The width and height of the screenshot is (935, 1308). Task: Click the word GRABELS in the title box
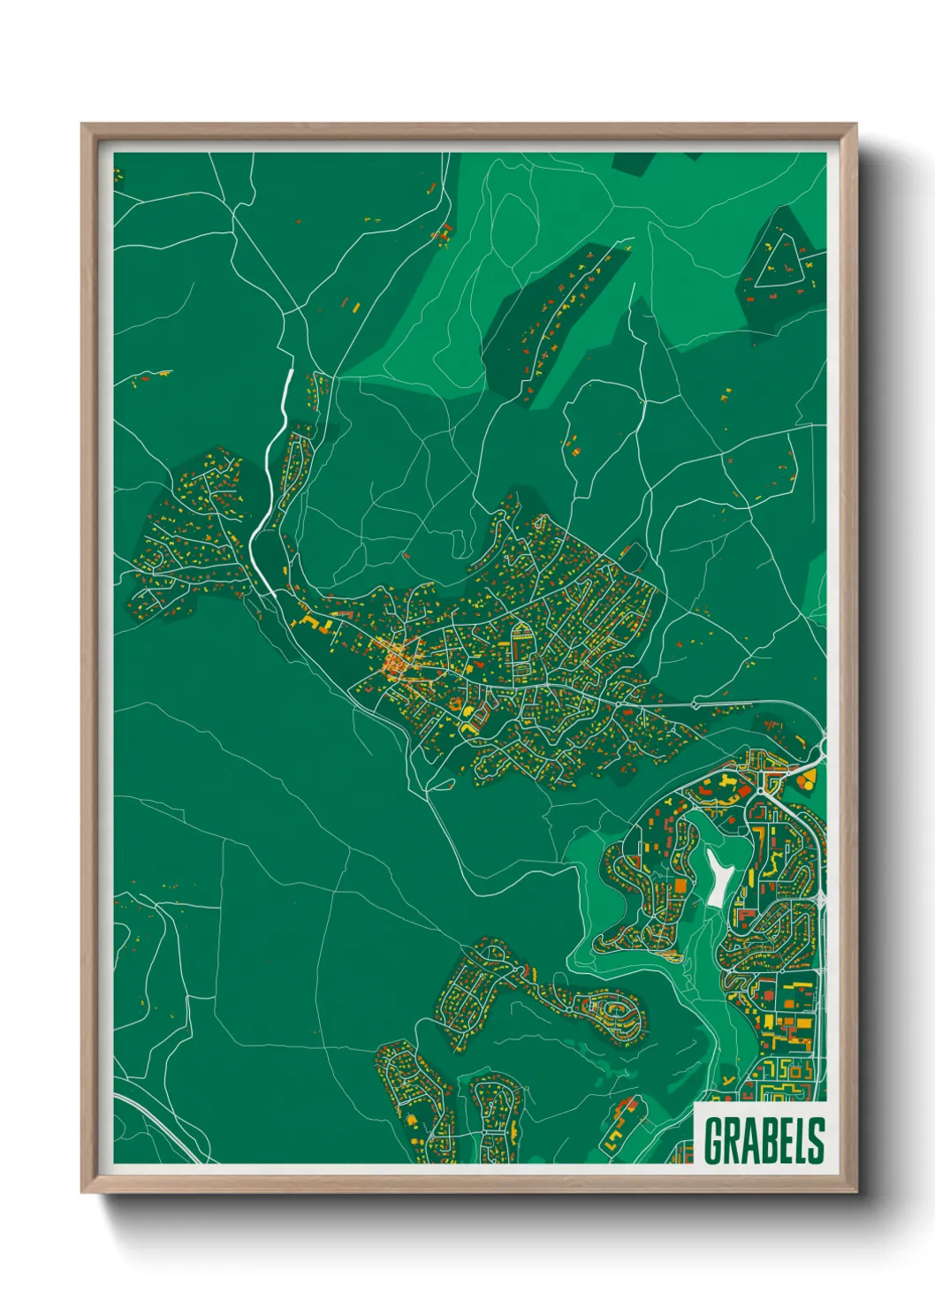(x=764, y=1140)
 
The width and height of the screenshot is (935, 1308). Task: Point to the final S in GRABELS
(x=817, y=1140)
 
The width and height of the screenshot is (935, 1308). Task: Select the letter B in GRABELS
(x=765, y=1140)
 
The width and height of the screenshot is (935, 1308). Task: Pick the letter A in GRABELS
(x=749, y=1140)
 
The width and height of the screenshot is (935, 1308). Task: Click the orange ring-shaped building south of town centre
(x=456, y=704)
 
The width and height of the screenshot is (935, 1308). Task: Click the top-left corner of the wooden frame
(x=83, y=125)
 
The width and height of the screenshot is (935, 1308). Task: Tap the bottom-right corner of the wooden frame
(x=855, y=1190)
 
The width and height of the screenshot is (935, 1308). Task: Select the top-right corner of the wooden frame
(x=855, y=125)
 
